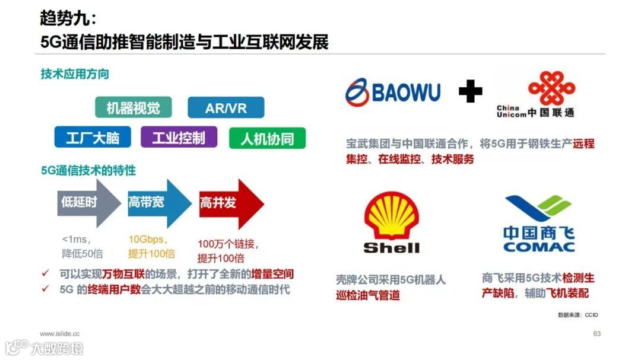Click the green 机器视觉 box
tap(133, 108)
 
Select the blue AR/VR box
tap(226, 108)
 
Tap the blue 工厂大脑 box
tap(93, 138)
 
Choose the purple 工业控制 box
tap(179, 138)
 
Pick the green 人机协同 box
tap(267, 138)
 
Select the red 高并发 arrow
tap(229, 203)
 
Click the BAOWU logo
tap(393, 92)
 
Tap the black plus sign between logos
tap(470, 92)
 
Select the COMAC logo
tap(539, 224)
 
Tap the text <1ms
tap(75, 240)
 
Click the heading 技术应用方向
tap(75, 74)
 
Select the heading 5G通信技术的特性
tap(88, 171)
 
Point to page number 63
tap(597, 334)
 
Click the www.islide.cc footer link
tap(59, 334)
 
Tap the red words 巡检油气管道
tap(368, 295)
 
